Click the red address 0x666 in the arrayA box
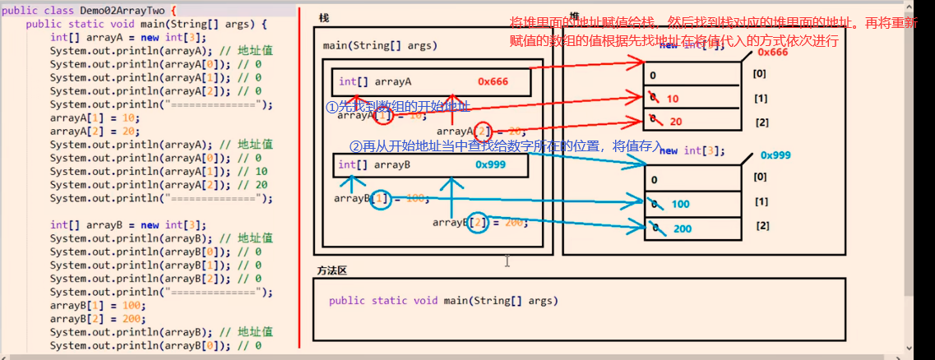pos(493,81)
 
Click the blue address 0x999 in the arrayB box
pos(491,165)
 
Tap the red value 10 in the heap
pos(672,99)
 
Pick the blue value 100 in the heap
pos(680,204)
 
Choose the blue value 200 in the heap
pos(682,228)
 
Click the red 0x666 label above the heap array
pos(772,53)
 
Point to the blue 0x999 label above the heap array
pos(775,155)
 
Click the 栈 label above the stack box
pos(323,17)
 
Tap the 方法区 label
pos(331,270)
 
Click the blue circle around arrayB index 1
pos(380,199)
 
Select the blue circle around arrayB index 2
pos(477,222)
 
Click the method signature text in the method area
pos(443,301)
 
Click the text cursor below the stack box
pos(507,261)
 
